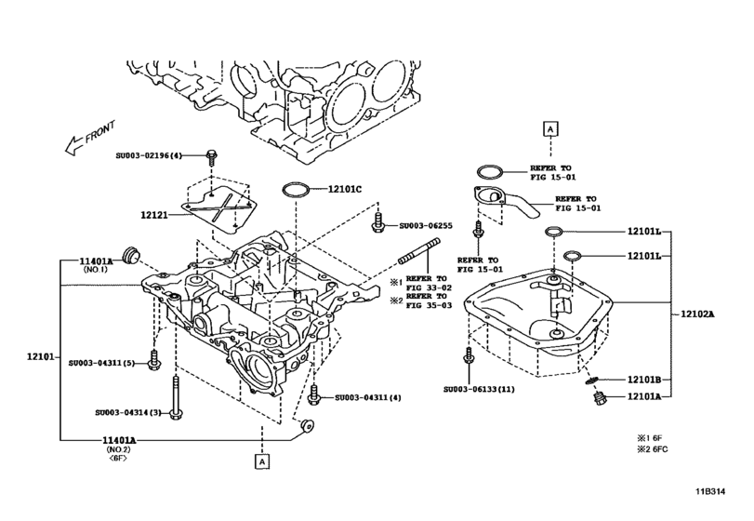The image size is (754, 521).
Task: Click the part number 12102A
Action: click(x=696, y=314)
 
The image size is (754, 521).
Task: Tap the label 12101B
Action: click(x=642, y=380)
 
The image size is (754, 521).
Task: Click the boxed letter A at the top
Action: click(x=550, y=127)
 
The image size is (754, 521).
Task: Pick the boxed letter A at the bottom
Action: click(x=264, y=461)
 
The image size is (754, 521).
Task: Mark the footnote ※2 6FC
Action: click(x=654, y=450)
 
